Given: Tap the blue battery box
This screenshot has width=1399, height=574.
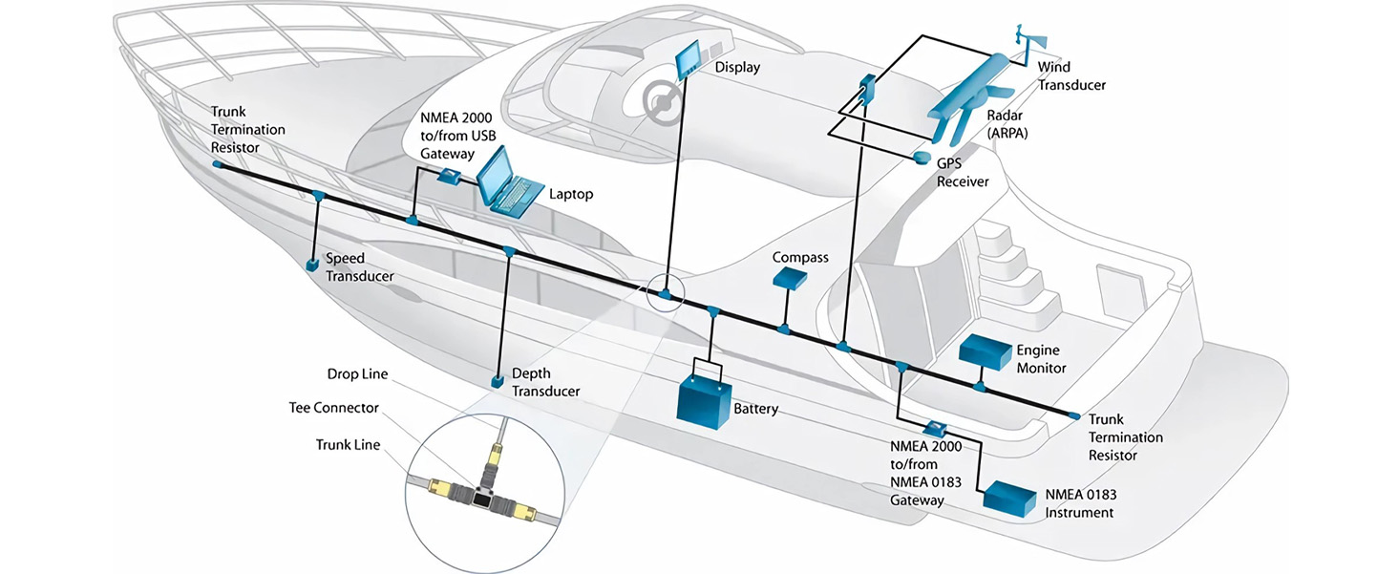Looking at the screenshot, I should pos(704,399).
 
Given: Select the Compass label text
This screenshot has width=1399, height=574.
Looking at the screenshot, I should pos(800,258).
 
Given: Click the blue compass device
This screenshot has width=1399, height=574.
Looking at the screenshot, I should pos(789,278).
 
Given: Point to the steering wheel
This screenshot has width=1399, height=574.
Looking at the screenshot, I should pos(659,98).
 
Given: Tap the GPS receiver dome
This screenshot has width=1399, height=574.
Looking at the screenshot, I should pos(922,157).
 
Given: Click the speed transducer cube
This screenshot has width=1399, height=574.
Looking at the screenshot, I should pos(311,264).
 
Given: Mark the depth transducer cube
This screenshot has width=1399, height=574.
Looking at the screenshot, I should pos(498,381).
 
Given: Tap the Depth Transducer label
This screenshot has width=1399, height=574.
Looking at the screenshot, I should pos(545,382).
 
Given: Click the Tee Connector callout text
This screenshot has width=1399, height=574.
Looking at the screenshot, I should pos(333,408).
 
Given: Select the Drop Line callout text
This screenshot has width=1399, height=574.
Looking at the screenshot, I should pos(357,373).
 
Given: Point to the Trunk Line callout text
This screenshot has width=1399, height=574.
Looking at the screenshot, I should pos(347,444).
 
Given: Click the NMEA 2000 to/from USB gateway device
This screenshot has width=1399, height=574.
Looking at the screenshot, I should pos(448,176).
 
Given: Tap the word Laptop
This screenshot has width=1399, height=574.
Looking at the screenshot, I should pos(571,194).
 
